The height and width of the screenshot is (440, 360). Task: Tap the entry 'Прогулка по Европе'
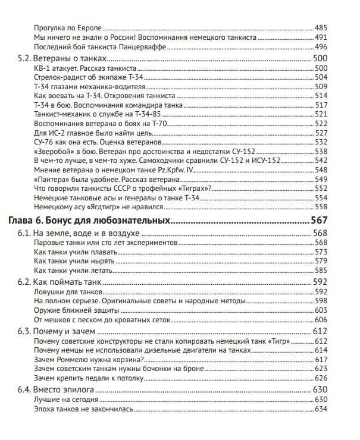[70, 28]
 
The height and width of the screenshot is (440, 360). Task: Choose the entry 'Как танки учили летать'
[73, 269]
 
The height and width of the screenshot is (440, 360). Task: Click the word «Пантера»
[54, 179]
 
